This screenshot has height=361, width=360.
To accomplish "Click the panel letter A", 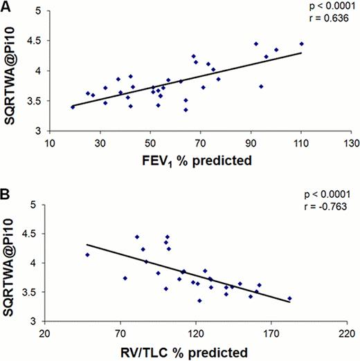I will coord(6,6).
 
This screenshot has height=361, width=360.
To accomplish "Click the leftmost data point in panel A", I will coord(73,107).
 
